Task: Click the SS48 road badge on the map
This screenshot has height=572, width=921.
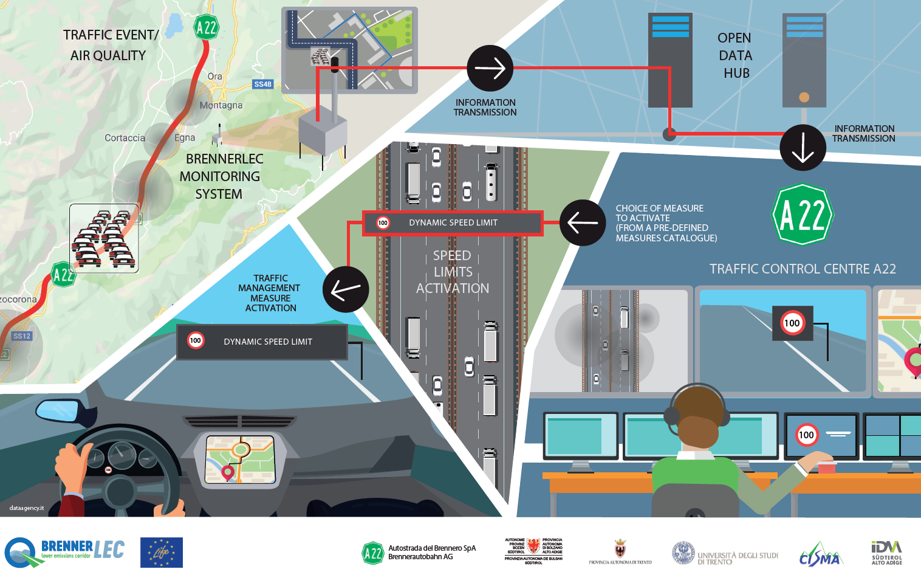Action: point(263,84)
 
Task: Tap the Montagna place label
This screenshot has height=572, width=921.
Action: point(221,105)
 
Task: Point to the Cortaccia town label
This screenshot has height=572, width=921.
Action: point(125,138)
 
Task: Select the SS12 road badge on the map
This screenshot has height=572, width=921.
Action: point(22,336)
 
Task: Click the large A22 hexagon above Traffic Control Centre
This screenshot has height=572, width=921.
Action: point(803,215)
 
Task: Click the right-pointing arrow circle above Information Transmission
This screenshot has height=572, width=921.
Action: point(490,68)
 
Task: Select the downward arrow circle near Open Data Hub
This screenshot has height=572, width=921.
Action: point(803,147)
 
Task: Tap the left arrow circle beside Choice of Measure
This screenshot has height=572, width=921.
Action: point(582,222)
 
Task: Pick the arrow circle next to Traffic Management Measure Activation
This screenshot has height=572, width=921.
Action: point(346,289)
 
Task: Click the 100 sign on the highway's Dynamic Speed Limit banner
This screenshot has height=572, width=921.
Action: point(383,222)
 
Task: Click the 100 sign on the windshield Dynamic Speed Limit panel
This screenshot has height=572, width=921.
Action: point(196,340)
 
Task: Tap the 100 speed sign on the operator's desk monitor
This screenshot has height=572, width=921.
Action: point(806,435)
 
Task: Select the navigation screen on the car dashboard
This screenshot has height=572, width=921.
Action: point(240,460)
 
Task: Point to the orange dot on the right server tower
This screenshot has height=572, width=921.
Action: point(804,97)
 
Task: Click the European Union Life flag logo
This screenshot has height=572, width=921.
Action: point(161,552)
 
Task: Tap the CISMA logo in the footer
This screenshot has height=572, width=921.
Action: point(821,555)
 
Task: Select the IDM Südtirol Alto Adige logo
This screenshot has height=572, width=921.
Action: point(886,552)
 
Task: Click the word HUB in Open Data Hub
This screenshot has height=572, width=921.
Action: point(736,73)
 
